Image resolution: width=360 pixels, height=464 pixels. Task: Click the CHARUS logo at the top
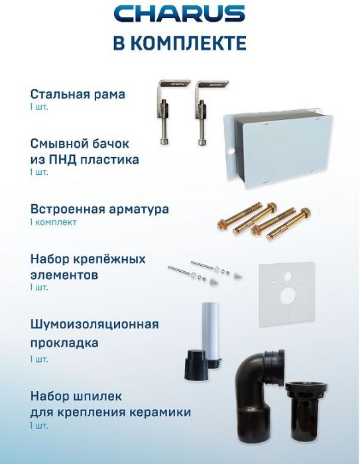coord(179,14)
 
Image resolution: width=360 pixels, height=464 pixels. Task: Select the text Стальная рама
coord(78,93)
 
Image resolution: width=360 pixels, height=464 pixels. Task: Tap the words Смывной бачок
coord(80,143)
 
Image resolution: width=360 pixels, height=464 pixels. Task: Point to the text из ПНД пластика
coord(84,159)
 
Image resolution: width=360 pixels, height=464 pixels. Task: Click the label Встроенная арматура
coord(99,209)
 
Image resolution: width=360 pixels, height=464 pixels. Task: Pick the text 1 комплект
coord(53,222)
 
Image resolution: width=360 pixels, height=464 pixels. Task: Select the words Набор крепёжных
coord(88,258)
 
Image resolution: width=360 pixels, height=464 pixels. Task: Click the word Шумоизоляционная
coord(94,324)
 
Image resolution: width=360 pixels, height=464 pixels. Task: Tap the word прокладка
coord(64,343)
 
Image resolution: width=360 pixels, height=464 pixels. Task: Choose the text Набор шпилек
coord(76,396)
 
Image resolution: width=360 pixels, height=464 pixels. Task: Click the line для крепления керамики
coord(110,412)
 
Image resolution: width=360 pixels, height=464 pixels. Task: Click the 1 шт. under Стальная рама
coord(39,107)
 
